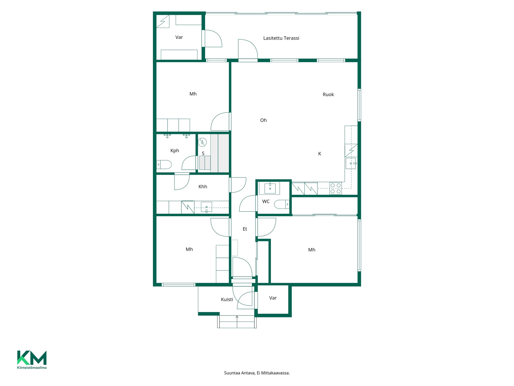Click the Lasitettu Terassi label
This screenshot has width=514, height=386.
[x=281, y=38]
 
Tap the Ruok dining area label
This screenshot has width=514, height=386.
[x=328, y=94]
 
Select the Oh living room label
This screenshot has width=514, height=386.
[x=263, y=120]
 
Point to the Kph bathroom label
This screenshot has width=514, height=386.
[x=175, y=151]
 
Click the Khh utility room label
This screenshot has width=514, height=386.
[x=203, y=187]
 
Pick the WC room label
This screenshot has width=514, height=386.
[x=266, y=201]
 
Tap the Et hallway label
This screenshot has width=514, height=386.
[x=245, y=229]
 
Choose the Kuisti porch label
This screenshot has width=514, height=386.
[x=227, y=299]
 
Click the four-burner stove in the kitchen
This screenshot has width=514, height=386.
[x=335, y=188]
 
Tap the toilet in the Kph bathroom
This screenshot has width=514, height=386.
[x=164, y=165]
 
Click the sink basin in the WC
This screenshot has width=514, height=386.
[x=270, y=188]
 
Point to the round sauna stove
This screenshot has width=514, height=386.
[x=203, y=142]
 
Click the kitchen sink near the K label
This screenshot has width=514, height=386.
[x=351, y=163]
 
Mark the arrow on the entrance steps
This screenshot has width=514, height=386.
[x=237, y=321]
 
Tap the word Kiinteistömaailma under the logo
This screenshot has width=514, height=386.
[x=32, y=368]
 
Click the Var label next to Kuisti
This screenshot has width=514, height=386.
[x=273, y=298]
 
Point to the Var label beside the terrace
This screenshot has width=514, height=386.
[x=179, y=37]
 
